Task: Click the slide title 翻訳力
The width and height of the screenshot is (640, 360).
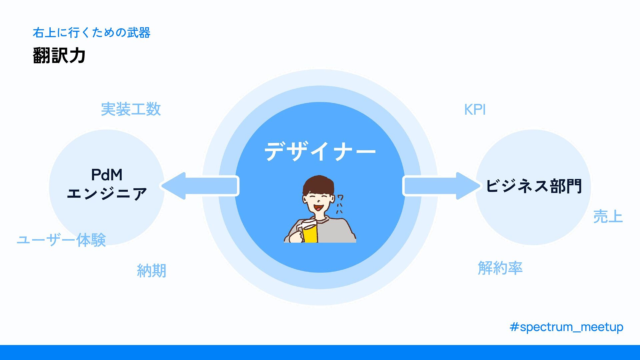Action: pos(59,55)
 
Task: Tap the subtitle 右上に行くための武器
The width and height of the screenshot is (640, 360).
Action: pos(91,33)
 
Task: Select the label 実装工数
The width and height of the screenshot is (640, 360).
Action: pos(131,109)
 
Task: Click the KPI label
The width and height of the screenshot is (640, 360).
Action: pos(475,110)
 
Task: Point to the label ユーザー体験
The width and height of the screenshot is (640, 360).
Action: pos(61,240)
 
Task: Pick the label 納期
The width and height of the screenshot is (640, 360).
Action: pos(151,271)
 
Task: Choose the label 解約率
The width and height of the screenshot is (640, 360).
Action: pos(500,268)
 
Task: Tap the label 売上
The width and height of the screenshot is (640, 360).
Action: pos(608,217)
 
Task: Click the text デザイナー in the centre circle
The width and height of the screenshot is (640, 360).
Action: pos(320,152)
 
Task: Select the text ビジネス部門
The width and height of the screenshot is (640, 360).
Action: pos(534,186)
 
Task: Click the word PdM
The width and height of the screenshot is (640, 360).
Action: pos(107,175)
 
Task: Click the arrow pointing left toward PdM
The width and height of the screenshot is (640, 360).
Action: pos(200,186)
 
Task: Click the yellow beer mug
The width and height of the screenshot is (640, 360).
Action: pos(310,233)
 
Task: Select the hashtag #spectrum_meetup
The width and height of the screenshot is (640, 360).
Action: pos(566,327)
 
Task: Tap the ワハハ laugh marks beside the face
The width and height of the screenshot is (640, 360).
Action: pos(340,204)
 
